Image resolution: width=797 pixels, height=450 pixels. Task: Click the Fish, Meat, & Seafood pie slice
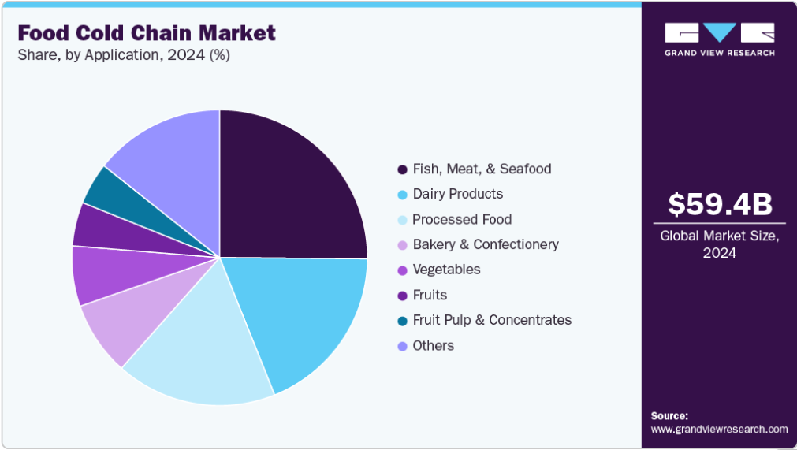coord(292,185)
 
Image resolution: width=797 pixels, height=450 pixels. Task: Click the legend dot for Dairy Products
coord(402,195)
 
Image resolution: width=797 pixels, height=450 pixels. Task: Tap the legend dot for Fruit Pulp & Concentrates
coord(402,321)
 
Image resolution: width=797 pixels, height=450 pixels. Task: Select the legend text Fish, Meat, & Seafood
coord(482,169)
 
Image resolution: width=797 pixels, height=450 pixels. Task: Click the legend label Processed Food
coord(462,219)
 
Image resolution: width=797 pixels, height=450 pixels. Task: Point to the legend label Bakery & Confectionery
coord(486,244)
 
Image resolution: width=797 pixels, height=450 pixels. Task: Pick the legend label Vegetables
coord(446,270)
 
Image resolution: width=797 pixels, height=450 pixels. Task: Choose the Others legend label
coord(433,345)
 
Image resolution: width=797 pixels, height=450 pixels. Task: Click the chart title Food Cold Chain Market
coord(147,33)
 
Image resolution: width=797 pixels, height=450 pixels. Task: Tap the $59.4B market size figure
coord(720,204)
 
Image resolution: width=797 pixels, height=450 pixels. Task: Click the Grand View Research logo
coord(719,39)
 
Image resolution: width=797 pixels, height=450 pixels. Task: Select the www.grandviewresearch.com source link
coord(719,430)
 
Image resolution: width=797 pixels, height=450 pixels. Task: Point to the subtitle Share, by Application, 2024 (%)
coord(124,55)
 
